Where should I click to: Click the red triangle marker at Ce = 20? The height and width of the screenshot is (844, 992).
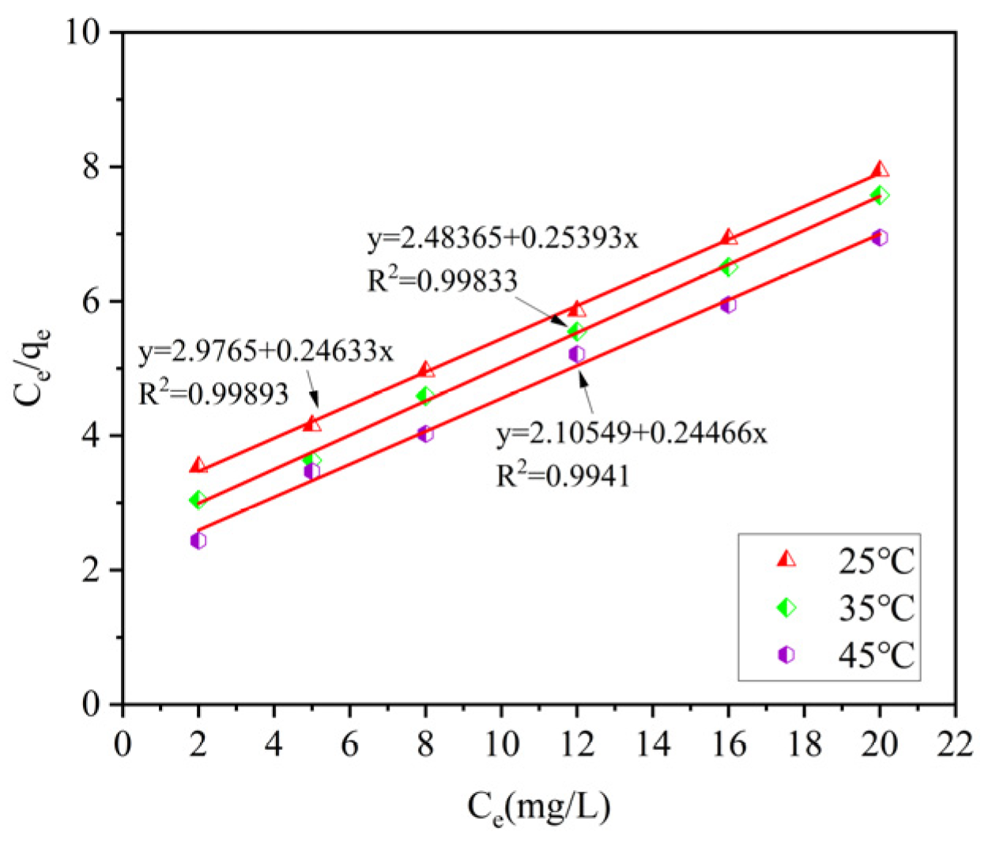pyautogui.click(x=880, y=169)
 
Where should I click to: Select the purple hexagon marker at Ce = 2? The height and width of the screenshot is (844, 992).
pyautogui.click(x=198, y=540)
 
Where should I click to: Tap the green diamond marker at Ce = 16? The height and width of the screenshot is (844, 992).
pyautogui.click(x=729, y=267)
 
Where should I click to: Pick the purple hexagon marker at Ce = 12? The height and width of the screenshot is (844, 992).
pyautogui.click(x=577, y=354)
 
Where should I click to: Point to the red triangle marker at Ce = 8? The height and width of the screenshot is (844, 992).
pyautogui.click(x=426, y=369)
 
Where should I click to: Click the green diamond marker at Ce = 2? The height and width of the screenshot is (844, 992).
pyautogui.click(x=198, y=499)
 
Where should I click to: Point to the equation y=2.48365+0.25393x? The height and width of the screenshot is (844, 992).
pyautogui.click(x=503, y=238)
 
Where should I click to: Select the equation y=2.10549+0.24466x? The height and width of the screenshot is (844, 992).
pyautogui.click(x=632, y=433)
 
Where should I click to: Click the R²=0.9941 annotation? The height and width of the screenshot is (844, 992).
pyautogui.click(x=563, y=476)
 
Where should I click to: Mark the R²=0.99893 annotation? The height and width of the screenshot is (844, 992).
pyautogui.click(x=213, y=393)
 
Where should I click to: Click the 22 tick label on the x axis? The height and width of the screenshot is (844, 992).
pyautogui.click(x=955, y=745)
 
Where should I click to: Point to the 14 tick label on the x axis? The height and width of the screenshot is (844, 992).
pyautogui.click(x=653, y=745)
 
